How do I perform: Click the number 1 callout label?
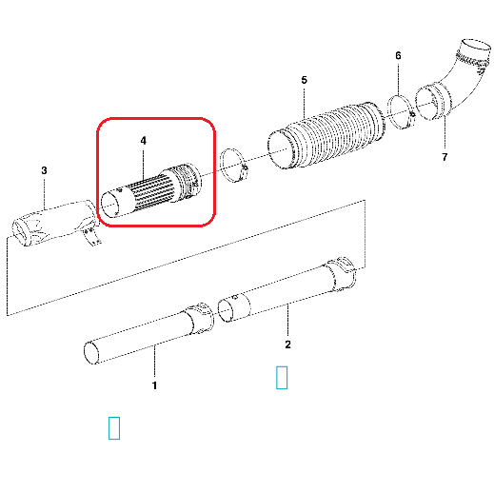tap(154, 385)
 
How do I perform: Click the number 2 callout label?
tap(287, 344)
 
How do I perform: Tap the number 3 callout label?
tap(44, 170)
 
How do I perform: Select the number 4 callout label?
tap(144, 141)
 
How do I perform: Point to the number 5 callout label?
tap(305, 80)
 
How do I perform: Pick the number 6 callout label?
tap(398, 56)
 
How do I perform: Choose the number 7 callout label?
tap(445, 157)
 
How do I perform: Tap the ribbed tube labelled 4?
tap(150, 190)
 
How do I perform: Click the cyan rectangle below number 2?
tap(282, 378)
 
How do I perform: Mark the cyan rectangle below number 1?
tap(114, 428)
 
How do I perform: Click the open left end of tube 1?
tap(91, 353)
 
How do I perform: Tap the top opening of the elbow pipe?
tap(475, 45)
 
